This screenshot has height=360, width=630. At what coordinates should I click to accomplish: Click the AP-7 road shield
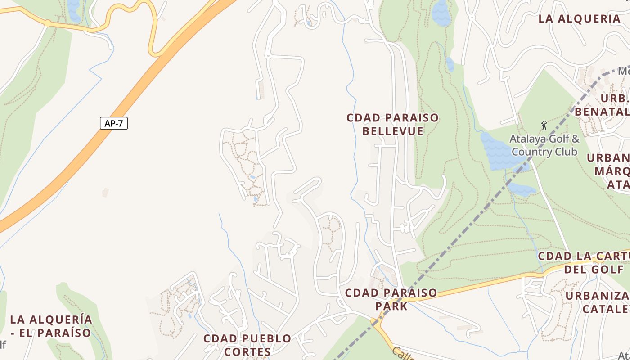(113, 123)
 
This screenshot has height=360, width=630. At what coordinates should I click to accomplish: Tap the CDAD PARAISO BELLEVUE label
(392, 124)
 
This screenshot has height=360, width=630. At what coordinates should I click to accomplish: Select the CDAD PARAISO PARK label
(391, 299)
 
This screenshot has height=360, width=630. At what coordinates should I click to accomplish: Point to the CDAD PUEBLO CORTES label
(247, 345)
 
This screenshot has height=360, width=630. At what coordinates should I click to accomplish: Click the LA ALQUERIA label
(580, 19)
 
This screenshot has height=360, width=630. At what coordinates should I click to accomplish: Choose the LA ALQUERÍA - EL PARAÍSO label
(51, 326)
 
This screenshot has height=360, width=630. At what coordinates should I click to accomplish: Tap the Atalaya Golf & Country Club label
(544, 145)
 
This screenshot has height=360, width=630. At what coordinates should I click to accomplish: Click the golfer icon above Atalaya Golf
(544, 126)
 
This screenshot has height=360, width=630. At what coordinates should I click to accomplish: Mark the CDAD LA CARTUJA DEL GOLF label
(584, 262)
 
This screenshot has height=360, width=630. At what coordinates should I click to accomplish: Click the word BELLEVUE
(393, 131)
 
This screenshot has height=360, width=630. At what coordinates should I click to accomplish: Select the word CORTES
(247, 351)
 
